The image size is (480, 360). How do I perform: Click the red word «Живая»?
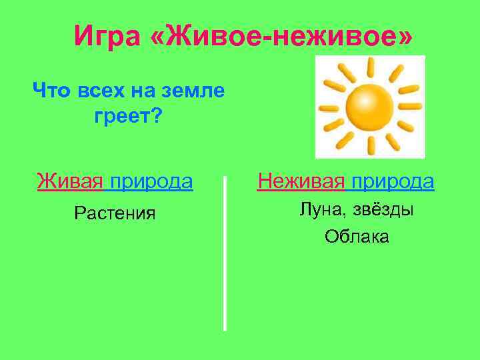click(x=70, y=181)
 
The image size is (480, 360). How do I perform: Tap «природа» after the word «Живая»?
click(x=151, y=181)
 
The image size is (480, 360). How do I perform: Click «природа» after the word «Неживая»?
click(x=393, y=181)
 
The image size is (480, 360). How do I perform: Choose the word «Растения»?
click(x=115, y=213)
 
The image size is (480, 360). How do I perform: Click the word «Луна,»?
click(x=322, y=210)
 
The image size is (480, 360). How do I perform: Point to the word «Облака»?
click(x=357, y=237)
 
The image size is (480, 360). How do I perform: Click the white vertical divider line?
click(x=225, y=253)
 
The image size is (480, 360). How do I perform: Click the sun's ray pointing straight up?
click(x=371, y=66)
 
